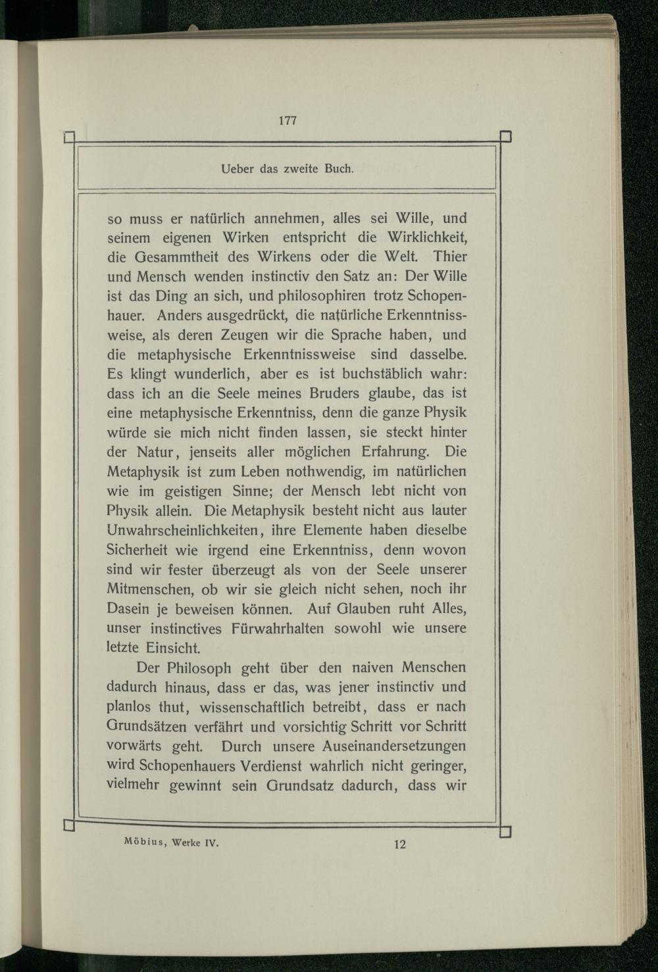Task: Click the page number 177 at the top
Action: point(288,120)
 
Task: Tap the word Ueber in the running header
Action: point(238,169)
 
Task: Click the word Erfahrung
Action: point(395,452)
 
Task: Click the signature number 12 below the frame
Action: point(400,844)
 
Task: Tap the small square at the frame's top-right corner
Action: point(506,137)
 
